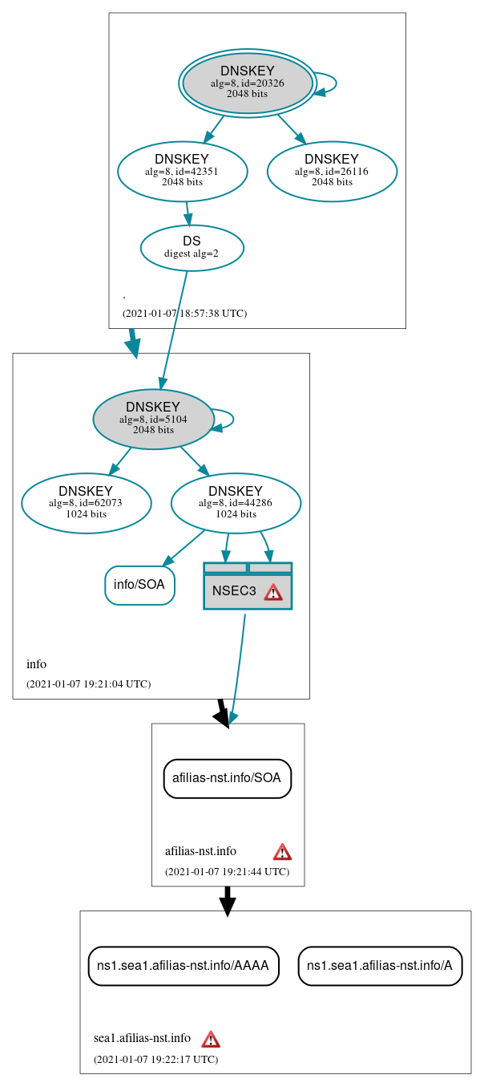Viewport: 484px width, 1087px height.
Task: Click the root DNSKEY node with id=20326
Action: (x=248, y=83)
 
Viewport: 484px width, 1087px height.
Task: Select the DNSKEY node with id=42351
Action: (x=182, y=170)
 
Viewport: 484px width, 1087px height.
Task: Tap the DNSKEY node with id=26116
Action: (x=332, y=170)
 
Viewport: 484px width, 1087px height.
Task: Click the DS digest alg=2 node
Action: (x=192, y=247)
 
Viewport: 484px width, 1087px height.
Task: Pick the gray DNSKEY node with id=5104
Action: (x=153, y=419)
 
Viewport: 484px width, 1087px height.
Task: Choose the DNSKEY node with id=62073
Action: (x=86, y=503)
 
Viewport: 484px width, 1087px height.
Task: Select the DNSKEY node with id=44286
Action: (x=236, y=503)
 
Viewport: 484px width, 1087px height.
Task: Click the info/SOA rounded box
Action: (x=139, y=585)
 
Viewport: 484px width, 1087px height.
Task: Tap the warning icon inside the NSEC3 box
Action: (x=273, y=592)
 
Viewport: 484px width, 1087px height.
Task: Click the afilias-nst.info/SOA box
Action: (x=228, y=778)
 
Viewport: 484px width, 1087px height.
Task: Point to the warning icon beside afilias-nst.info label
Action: (x=282, y=851)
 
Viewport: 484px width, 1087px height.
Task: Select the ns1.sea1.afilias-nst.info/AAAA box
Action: (x=184, y=966)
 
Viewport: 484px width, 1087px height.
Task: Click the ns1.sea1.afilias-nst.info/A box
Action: (x=380, y=966)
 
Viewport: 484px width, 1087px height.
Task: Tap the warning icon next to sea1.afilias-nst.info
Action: (x=210, y=1039)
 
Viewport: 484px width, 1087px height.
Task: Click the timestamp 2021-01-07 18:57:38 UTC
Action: (x=184, y=314)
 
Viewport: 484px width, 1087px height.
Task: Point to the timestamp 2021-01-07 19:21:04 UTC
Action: (x=88, y=684)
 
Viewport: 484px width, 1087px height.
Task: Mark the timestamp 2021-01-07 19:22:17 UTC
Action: (x=155, y=1060)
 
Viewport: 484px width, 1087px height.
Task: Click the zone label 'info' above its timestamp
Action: (x=36, y=664)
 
